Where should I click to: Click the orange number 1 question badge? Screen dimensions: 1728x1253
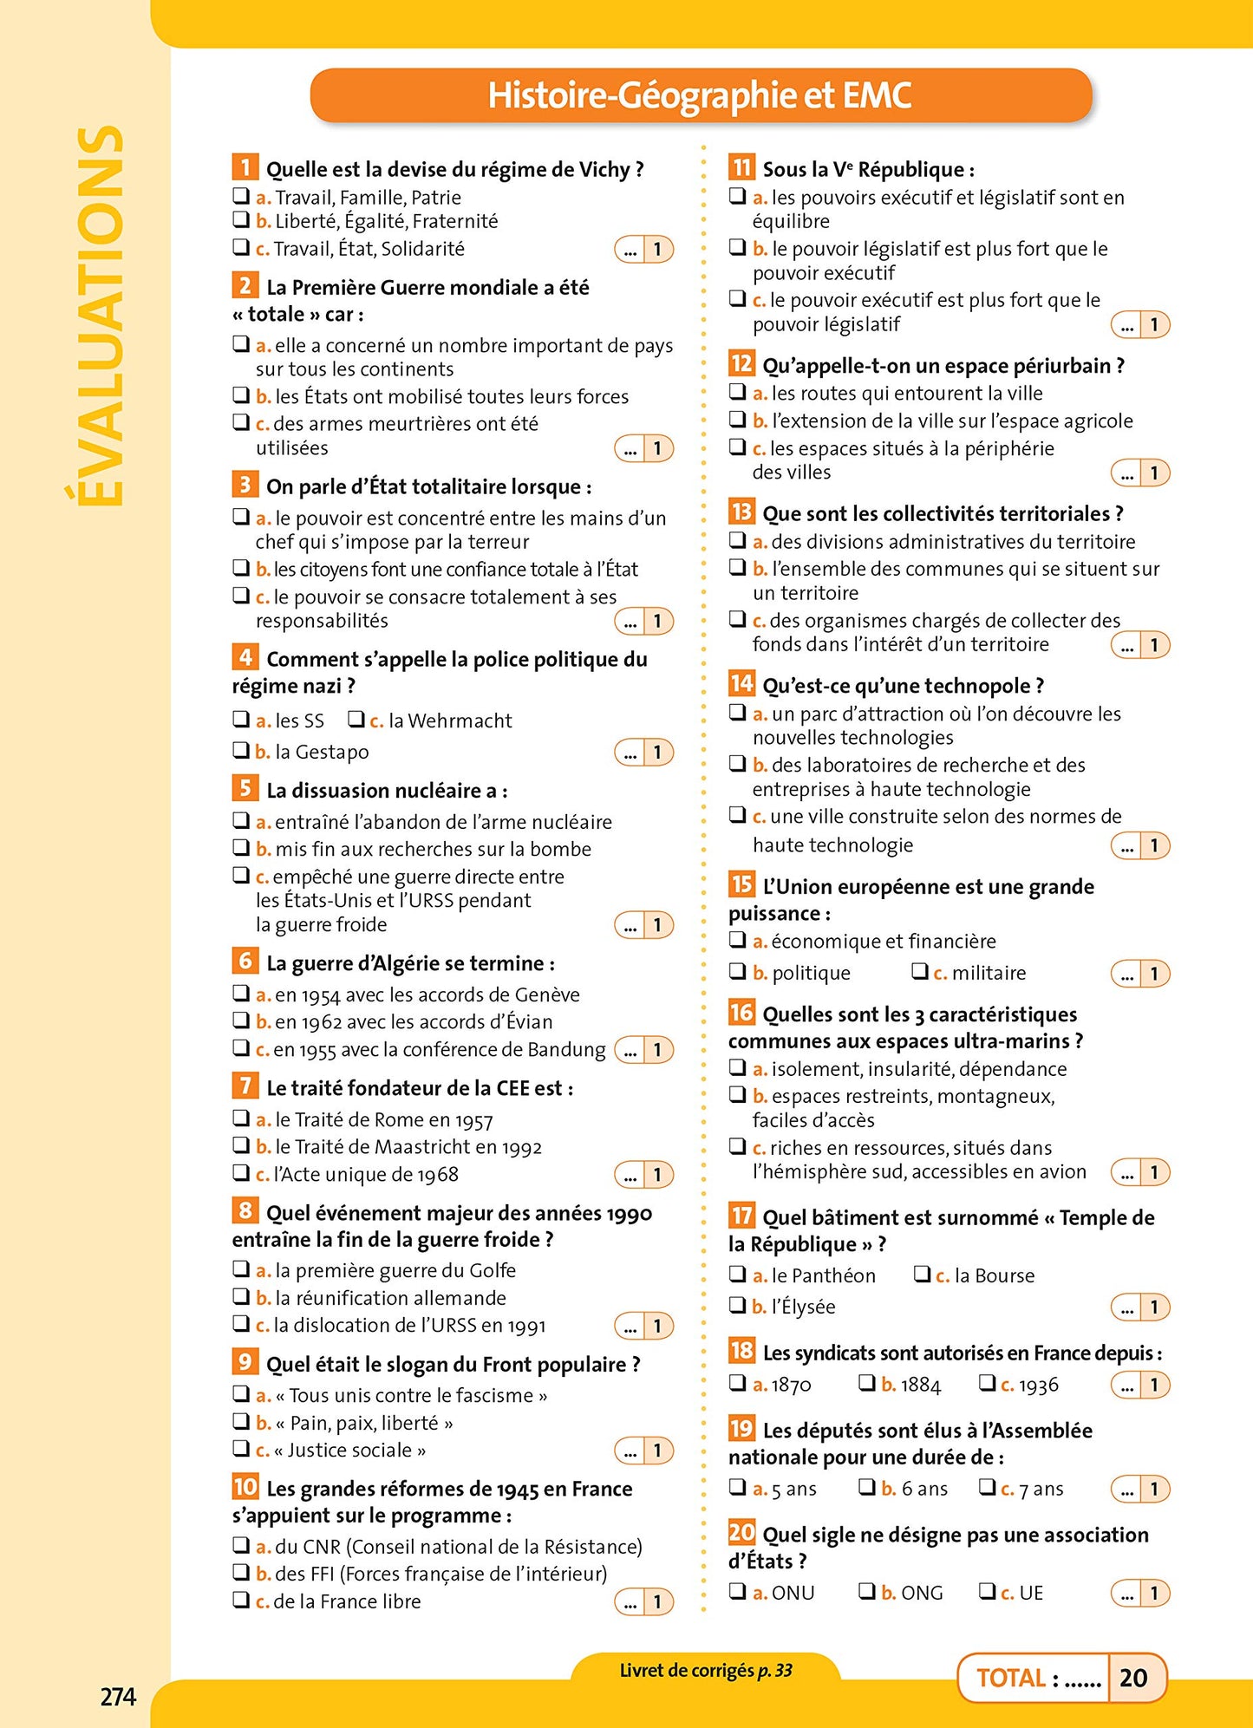coord(245,166)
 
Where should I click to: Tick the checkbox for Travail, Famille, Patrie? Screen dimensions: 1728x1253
coord(240,196)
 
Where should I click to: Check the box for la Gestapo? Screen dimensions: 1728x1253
coord(240,750)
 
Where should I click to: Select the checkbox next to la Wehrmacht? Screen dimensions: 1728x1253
coord(356,719)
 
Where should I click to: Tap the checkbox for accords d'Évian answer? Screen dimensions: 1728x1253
coord(240,1020)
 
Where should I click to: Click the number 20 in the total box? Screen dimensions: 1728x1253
coord(1133,1678)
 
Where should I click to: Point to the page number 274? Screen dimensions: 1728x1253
coord(118,1697)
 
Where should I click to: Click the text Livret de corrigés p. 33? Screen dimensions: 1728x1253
coord(705,1671)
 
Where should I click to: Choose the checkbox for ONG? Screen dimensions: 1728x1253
coord(866,1591)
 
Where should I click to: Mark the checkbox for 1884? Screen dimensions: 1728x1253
coord(866,1383)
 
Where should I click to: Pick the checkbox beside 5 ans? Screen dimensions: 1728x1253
coord(737,1487)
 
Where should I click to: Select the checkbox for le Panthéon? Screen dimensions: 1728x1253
coord(737,1274)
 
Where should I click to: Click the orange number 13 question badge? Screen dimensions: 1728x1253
coord(741,512)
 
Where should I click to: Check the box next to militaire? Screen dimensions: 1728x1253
coord(919,971)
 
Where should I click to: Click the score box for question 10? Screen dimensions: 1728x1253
coord(644,1602)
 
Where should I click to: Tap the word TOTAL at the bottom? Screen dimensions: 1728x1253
coord(1011,1679)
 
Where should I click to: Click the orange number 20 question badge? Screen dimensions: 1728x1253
coord(741,1533)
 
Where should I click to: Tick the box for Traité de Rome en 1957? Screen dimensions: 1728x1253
coord(240,1118)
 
